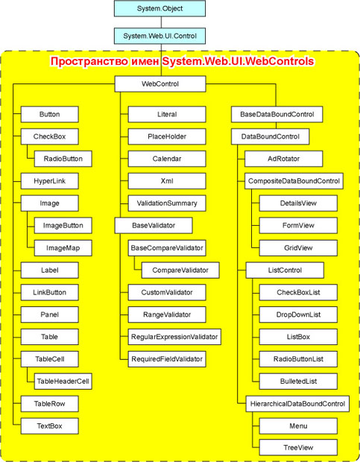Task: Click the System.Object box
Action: [x=160, y=8]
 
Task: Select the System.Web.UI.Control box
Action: [x=160, y=36]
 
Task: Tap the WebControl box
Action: [x=160, y=84]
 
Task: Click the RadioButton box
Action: [x=63, y=159]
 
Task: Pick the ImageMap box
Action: [x=63, y=248]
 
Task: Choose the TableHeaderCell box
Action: [x=63, y=382]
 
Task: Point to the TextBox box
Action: [x=49, y=426]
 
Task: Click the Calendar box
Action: [x=167, y=159]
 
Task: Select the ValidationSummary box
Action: [x=167, y=203]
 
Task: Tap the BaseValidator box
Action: [x=154, y=226]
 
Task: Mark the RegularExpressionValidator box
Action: [x=174, y=337]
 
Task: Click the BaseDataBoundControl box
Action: [x=277, y=114]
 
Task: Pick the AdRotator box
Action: [x=283, y=159]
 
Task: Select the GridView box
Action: [x=298, y=248]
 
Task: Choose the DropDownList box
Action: [x=298, y=314]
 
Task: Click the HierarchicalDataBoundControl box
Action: [x=297, y=404]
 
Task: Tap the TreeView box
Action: [x=298, y=448]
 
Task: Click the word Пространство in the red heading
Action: [x=89, y=62]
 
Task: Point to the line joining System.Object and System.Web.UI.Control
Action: [x=161, y=22]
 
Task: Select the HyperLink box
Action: [x=49, y=181]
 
